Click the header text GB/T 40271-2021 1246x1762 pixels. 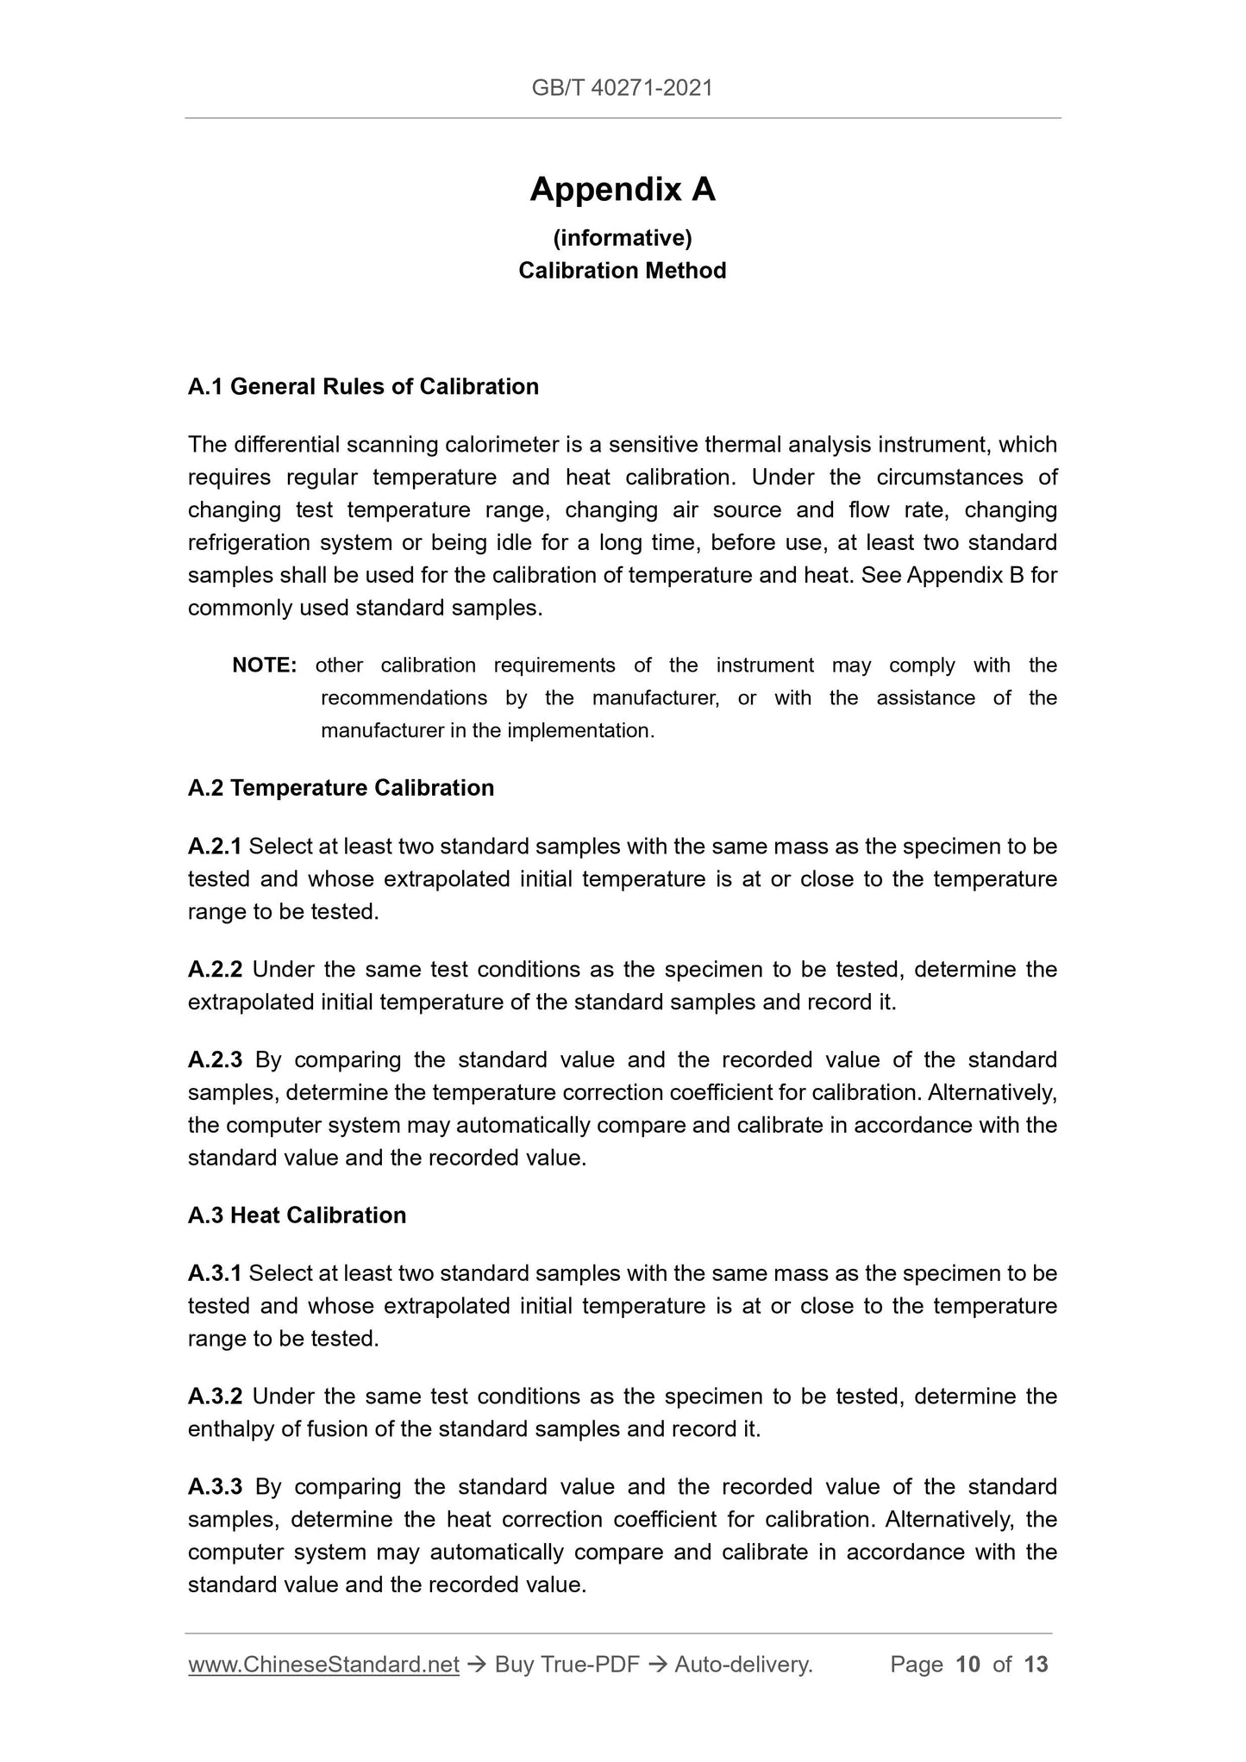pos(622,87)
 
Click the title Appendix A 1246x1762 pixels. pos(622,189)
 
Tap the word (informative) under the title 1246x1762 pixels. pos(622,237)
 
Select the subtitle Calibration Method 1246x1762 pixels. pos(622,271)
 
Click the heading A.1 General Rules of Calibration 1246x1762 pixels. pos(363,386)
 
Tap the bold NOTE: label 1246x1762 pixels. pos(265,665)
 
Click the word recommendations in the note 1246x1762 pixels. pos(404,698)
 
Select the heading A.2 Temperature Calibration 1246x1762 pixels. pos(341,788)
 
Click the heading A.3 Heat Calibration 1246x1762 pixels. pos(297,1215)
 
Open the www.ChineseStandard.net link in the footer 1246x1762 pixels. pos(323,1665)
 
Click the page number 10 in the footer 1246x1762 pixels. pos(967,1665)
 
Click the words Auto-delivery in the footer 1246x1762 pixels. pos(742,1665)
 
